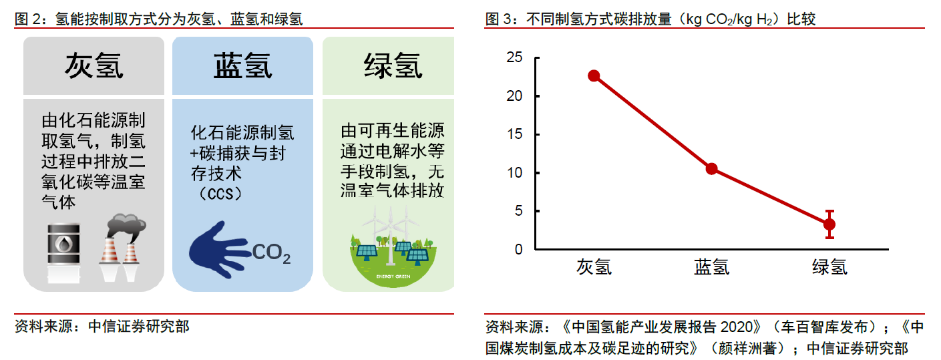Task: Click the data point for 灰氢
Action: tap(594, 75)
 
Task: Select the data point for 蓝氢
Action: tap(711, 169)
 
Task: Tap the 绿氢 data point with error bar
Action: tap(829, 224)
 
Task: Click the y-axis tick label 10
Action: tap(514, 172)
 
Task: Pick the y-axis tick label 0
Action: tap(518, 250)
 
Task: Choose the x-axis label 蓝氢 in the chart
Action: tap(711, 267)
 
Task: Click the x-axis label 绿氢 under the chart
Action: tap(829, 267)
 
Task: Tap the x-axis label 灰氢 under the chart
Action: tap(594, 267)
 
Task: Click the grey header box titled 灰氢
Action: tap(93, 65)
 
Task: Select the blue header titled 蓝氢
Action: tap(243, 65)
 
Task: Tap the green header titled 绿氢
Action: tap(388, 65)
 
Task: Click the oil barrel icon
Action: tap(63, 252)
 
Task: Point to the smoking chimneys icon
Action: tap(122, 247)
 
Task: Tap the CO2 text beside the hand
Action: tap(271, 253)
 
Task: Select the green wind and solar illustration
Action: tap(393, 247)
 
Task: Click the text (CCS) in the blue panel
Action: tap(220, 194)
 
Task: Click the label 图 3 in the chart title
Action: tap(498, 19)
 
